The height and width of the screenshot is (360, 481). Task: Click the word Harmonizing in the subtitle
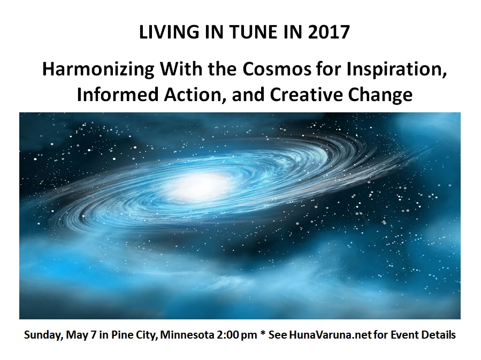[97, 69]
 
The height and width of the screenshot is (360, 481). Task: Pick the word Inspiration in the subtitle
[396, 70]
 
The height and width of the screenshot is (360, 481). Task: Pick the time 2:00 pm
[237, 335]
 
